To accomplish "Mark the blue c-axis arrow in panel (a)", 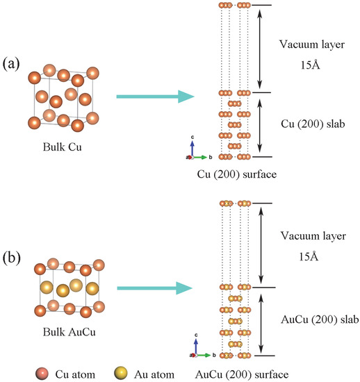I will [193, 147].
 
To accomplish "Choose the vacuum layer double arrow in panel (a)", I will [260, 49].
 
